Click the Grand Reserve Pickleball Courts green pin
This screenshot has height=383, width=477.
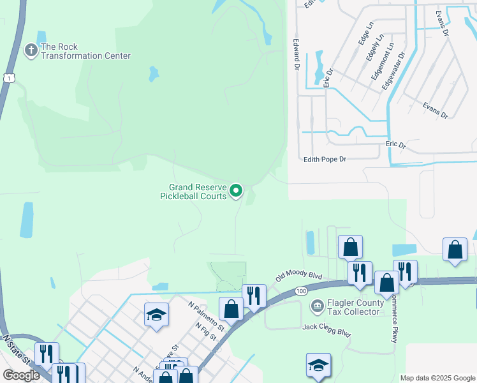pos(236,190)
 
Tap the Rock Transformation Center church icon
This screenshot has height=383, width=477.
pos(31,50)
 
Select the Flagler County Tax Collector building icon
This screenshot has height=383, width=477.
pos(317,307)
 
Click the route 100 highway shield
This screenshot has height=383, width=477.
pos(302,291)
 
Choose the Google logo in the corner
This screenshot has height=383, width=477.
pos(21,375)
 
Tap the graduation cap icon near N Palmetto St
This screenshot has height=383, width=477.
pos(156,315)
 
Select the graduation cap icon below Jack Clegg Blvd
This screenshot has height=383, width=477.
pos(318,366)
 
